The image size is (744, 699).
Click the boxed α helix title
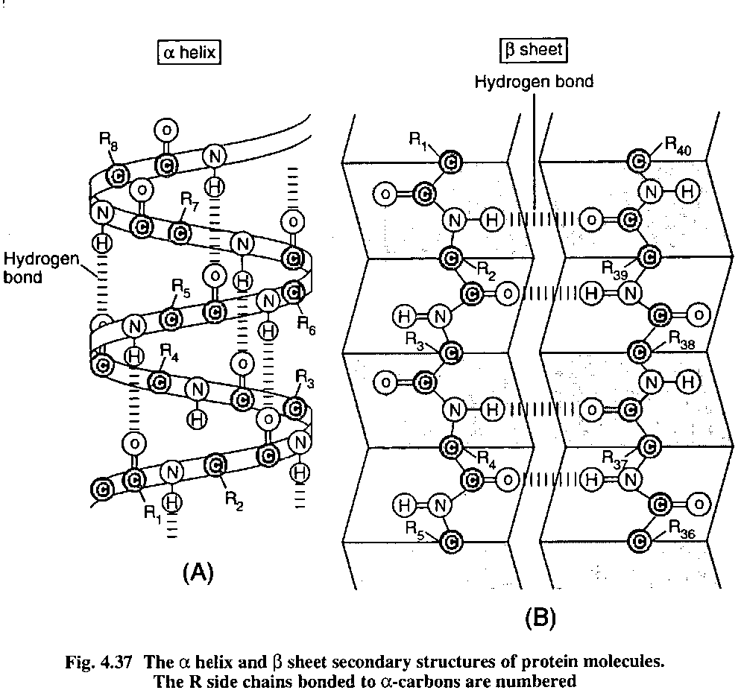pos(189,53)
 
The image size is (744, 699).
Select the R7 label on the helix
pos(191,199)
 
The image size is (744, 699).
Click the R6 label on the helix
pos(306,324)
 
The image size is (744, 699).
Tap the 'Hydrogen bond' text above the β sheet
pos(534,81)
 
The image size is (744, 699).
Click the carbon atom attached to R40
pos(638,159)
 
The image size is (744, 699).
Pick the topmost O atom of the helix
pos(165,130)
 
